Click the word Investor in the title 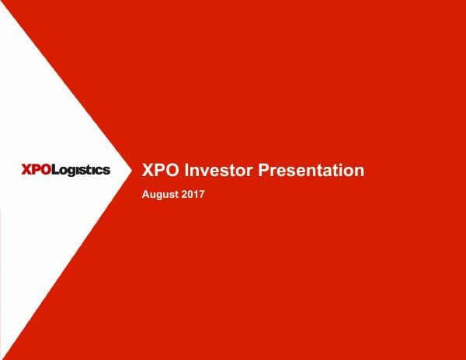pos(214,171)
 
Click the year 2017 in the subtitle pos(193,194)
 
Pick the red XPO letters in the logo pos(36,170)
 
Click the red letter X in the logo pos(26,170)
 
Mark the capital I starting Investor pos(186,171)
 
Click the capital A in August pos(146,194)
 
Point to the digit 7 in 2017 pos(201,194)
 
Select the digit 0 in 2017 pos(190,194)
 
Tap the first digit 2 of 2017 pos(184,194)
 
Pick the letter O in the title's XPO pos(173,171)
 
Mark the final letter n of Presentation pos(359,171)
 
